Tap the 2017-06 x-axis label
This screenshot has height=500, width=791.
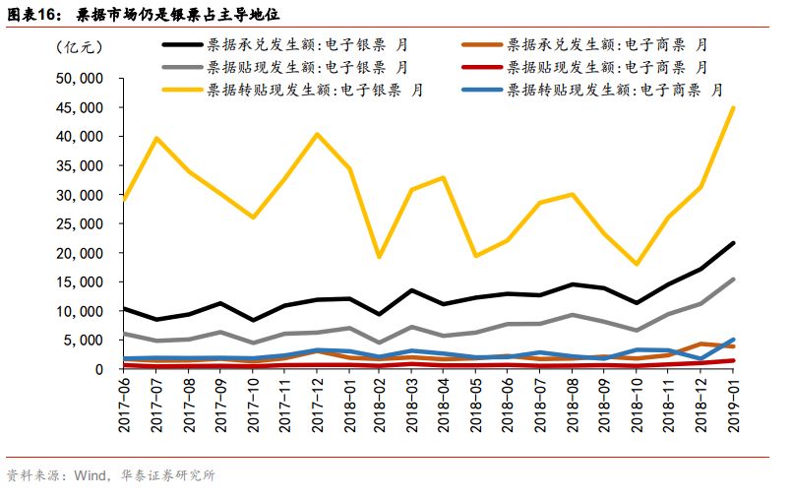[124, 406]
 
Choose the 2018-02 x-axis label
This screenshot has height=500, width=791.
[381, 406]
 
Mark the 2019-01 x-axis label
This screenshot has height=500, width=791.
[733, 406]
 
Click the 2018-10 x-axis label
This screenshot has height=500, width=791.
[638, 406]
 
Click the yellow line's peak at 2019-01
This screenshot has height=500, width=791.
[733, 108]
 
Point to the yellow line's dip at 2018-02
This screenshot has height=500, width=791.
[380, 257]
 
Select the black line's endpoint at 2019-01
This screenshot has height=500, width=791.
[733, 243]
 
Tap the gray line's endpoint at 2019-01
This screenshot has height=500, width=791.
[733, 280]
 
